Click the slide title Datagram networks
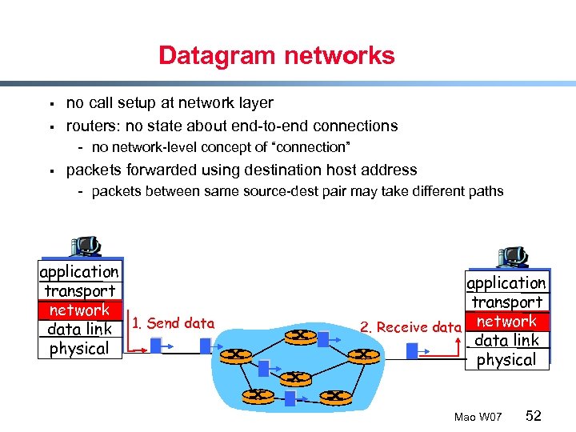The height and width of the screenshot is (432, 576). (x=276, y=56)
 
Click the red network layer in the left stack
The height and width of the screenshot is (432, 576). (x=79, y=310)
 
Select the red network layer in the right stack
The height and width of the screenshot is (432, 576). (x=506, y=322)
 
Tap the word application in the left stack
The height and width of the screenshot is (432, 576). (x=79, y=272)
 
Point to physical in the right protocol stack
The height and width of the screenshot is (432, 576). (x=506, y=360)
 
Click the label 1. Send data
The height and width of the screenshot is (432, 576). (x=174, y=323)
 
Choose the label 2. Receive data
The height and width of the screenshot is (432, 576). (x=410, y=326)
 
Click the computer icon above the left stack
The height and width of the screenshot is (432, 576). (x=84, y=248)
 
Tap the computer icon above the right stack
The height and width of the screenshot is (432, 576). (x=512, y=257)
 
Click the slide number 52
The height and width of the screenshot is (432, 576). (x=534, y=416)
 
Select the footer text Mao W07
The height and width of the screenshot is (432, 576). (x=478, y=418)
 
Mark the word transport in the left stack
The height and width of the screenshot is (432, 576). (x=79, y=291)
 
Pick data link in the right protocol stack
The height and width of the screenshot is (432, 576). (x=506, y=341)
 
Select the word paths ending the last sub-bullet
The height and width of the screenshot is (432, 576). (x=486, y=191)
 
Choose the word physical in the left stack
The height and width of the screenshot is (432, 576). (x=79, y=349)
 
